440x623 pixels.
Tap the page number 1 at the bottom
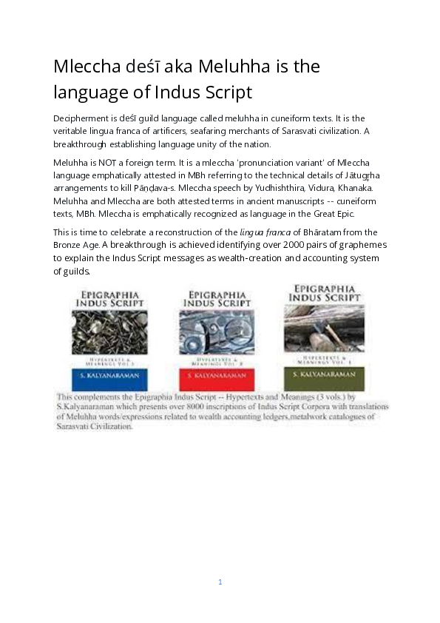220,582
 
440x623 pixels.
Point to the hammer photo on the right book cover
325,327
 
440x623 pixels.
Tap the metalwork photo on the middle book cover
217,331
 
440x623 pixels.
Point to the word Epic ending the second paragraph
345,214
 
